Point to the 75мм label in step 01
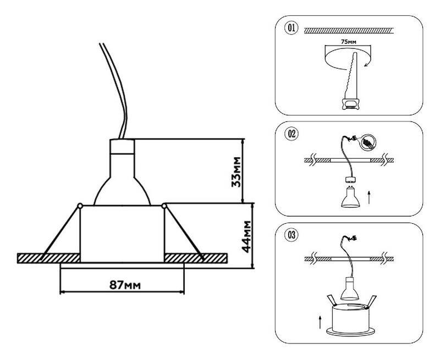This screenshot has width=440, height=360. click(349, 41)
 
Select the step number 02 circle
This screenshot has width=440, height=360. click(291, 133)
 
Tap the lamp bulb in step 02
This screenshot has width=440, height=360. click(348, 197)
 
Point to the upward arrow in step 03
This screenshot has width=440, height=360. click(320, 321)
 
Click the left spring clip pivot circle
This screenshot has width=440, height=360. click(80, 206)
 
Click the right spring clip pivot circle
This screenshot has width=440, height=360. click(164, 206)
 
